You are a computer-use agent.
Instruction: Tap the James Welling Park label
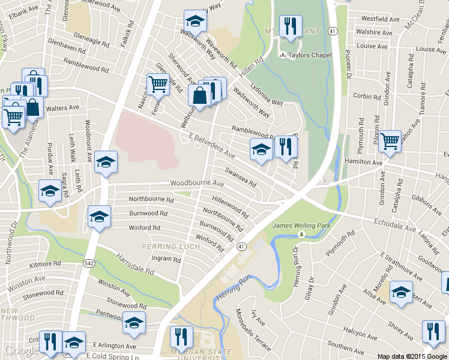(301, 225)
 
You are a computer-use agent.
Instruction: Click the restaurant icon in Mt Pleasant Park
(291, 26)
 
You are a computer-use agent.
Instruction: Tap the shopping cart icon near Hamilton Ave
(390, 142)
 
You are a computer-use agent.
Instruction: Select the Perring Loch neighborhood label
(171, 247)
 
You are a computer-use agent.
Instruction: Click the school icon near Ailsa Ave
(401, 292)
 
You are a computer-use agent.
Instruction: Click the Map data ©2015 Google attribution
(412, 356)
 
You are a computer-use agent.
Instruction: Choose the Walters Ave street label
(63, 108)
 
